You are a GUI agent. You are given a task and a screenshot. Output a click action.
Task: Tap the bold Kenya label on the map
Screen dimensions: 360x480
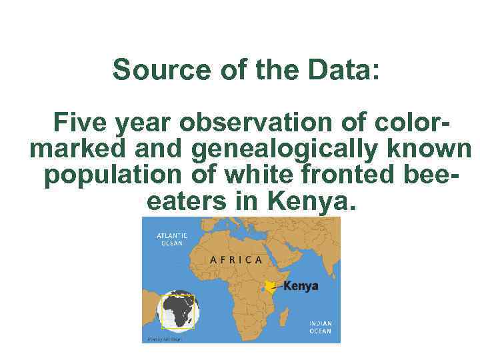301,286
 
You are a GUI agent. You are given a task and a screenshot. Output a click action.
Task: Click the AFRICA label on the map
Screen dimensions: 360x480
236,259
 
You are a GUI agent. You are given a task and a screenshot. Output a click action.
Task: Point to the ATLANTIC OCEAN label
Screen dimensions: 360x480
171,240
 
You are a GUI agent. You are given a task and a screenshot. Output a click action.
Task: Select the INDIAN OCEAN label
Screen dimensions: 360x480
319,327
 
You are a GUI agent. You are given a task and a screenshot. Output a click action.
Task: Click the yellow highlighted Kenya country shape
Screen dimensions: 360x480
270,287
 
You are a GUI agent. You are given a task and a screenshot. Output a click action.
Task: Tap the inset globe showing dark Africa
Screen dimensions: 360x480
178,311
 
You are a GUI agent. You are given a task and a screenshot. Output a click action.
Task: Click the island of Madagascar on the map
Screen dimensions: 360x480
283,317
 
